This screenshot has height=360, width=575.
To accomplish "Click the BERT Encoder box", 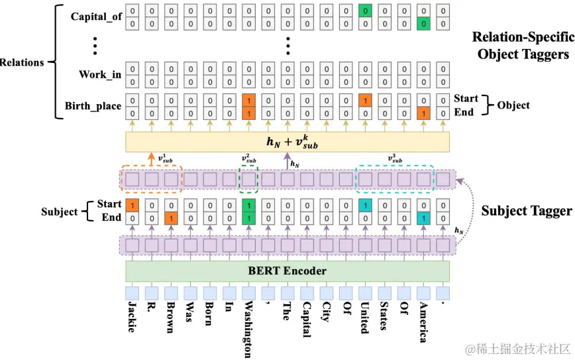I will tap(287, 270).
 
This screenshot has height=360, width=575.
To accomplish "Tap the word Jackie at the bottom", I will tap(132, 316).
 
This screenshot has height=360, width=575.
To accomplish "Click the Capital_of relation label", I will tap(97, 17).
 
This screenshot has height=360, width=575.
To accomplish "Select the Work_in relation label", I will tap(100, 74).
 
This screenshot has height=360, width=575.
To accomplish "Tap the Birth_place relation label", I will tap(93, 106).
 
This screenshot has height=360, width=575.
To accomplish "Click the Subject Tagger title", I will tap(526, 211).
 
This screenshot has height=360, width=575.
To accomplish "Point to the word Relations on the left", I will tap(22, 62).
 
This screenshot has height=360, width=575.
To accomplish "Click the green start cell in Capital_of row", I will tap(364, 11).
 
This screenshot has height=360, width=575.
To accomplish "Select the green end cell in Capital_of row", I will tap(423, 24).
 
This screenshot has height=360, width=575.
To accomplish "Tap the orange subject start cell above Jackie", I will tap(132, 206).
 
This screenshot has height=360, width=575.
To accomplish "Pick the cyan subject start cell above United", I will tap(364, 206).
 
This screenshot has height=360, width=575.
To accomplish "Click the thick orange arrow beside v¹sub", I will tap(151, 160).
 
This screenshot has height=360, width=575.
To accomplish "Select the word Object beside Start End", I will tap(513, 105).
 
